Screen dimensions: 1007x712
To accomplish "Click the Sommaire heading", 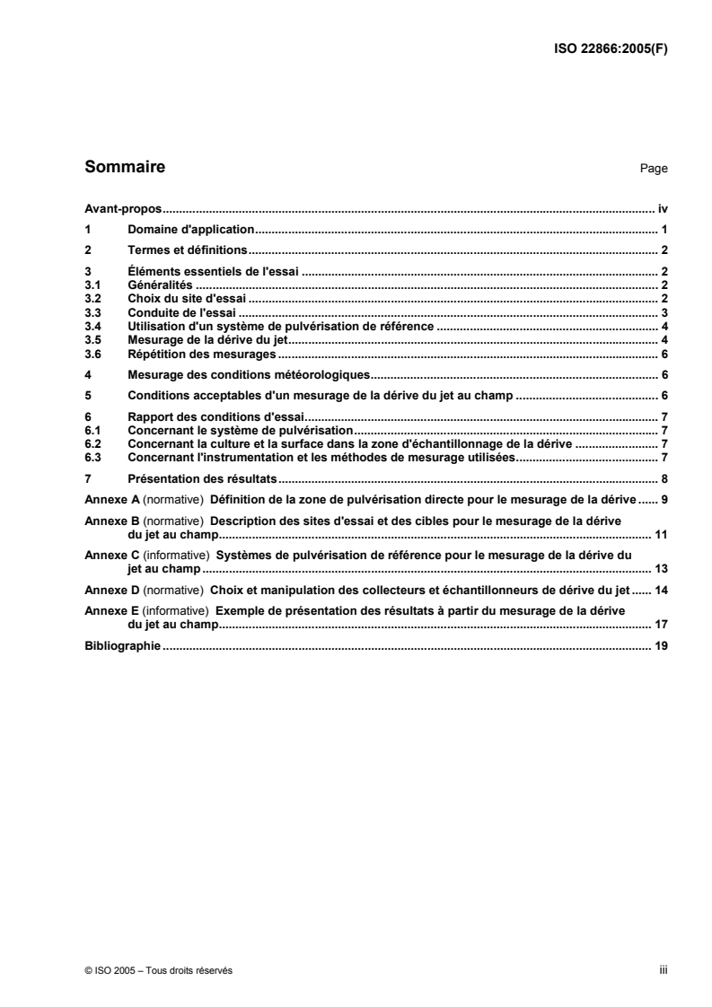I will coord(124,167).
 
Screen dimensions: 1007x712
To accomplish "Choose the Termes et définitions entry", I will coord(188,250).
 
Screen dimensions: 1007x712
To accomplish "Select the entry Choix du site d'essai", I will coord(188,297).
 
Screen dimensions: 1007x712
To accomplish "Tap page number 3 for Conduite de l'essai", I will coord(664,311).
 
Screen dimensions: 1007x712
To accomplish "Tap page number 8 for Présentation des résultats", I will coord(664,479).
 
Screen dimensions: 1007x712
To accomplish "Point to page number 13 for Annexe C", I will coord(661,568).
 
